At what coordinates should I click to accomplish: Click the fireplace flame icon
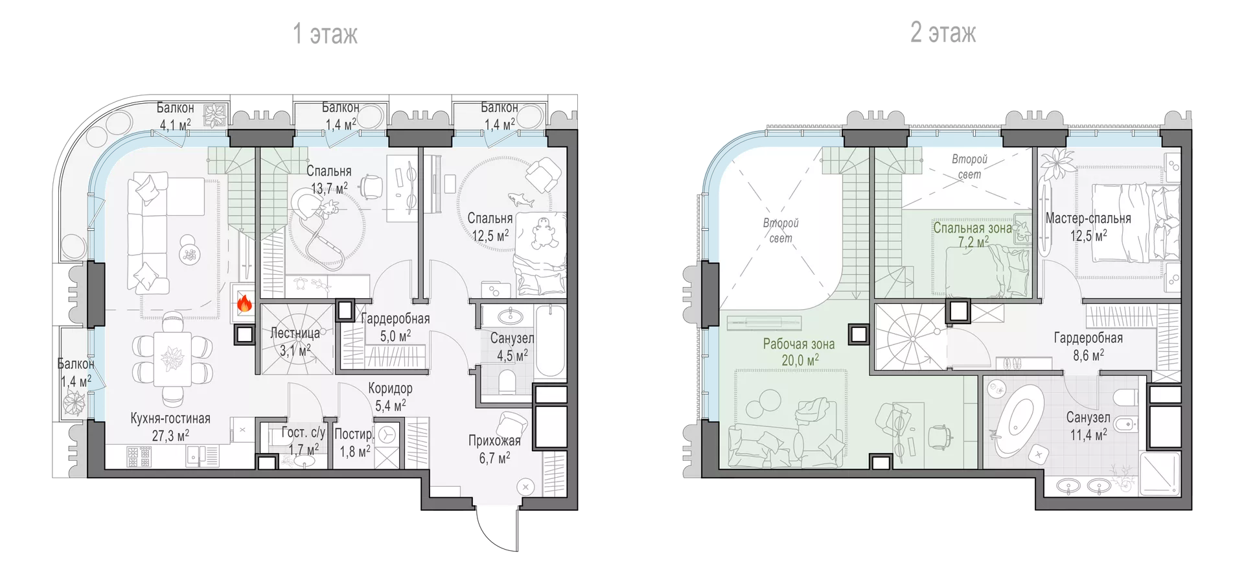244,303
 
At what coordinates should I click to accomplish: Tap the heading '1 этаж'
325,33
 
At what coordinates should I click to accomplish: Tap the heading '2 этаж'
943,32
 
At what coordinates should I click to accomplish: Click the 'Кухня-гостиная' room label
170,418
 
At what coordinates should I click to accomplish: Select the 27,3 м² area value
170,436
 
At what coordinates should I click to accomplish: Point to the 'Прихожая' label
494,441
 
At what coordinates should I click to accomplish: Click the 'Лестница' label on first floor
295,333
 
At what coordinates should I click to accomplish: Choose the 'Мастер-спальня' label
1088,218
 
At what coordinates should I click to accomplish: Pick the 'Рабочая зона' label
799,344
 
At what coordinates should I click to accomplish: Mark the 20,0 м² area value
800,360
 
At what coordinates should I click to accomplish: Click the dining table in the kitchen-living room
172,358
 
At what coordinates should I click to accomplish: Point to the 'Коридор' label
390,388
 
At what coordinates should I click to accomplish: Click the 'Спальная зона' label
973,228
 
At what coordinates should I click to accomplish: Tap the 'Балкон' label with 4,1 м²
176,108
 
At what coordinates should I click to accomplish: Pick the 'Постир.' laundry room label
354,434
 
